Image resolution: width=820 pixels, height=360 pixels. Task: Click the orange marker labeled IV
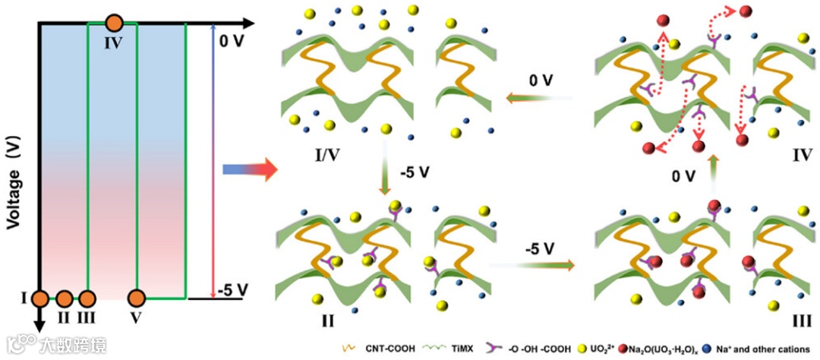(x=114, y=24)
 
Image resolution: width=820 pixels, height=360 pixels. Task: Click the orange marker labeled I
(x=40, y=298)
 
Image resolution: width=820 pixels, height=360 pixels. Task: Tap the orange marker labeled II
(x=65, y=298)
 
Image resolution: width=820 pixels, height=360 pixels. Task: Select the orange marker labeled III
(x=89, y=298)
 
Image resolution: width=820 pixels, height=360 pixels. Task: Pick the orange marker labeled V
(x=137, y=298)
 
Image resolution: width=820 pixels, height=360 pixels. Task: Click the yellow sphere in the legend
(x=584, y=348)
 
